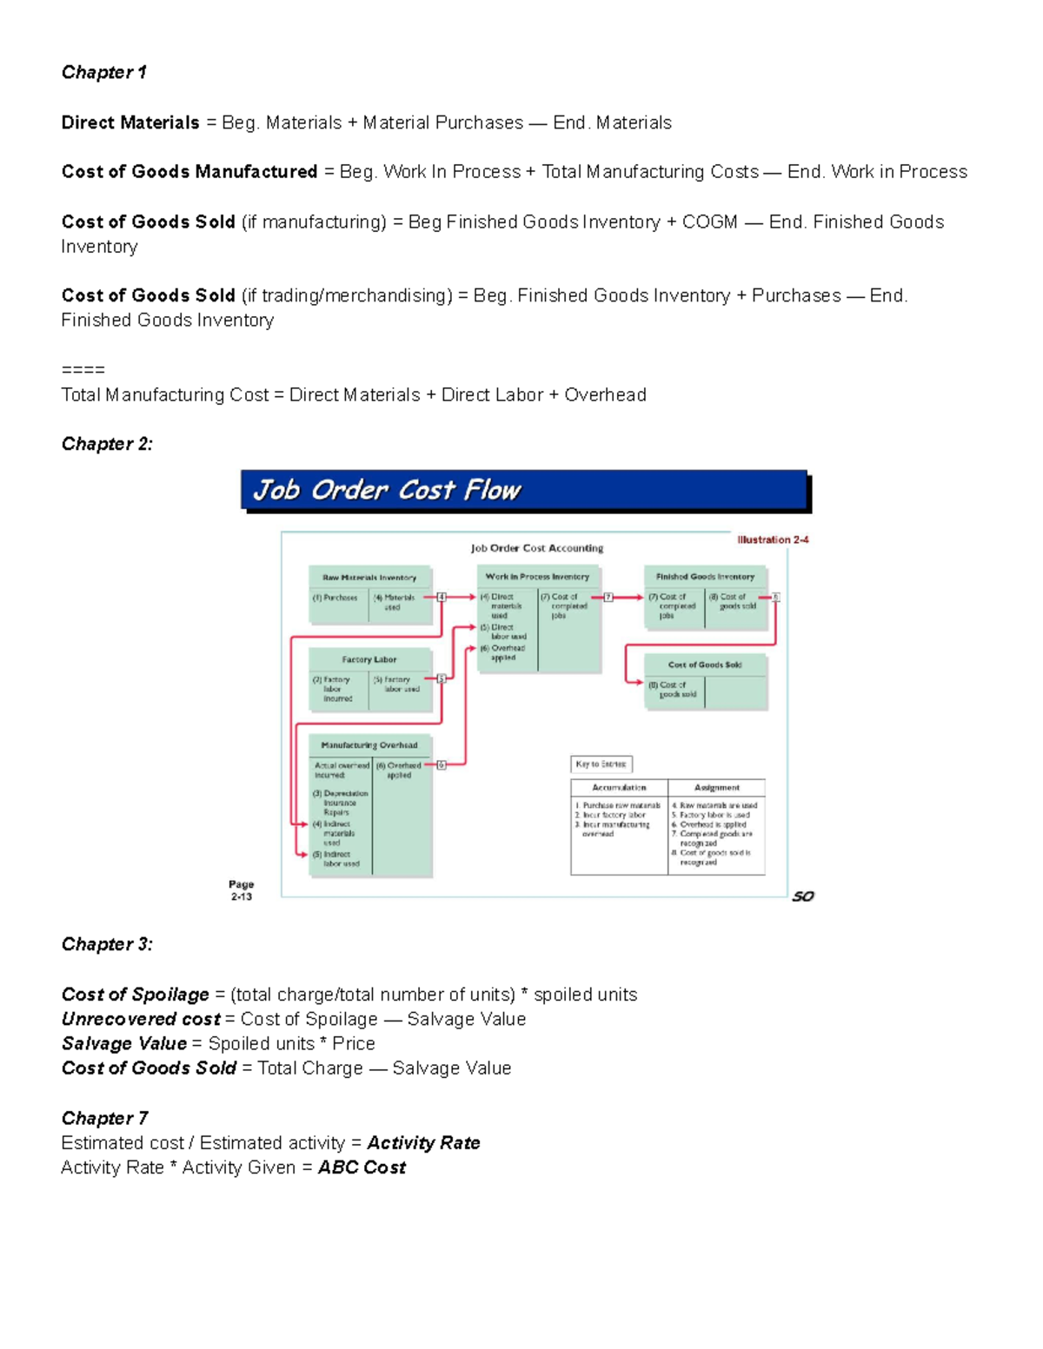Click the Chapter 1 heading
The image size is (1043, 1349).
(x=103, y=72)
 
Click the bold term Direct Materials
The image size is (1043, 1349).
(x=130, y=122)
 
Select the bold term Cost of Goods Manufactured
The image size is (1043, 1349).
(x=189, y=172)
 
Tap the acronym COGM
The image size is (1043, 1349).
(x=709, y=222)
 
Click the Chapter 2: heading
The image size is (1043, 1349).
(x=107, y=444)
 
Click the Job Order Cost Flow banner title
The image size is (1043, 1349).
(x=387, y=491)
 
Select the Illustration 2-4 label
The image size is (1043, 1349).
(x=773, y=539)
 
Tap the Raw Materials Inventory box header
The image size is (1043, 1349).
(x=369, y=577)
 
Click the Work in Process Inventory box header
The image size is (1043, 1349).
(x=537, y=576)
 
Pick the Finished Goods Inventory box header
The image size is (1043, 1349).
(x=705, y=576)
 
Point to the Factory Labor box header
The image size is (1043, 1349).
(x=369, y=659)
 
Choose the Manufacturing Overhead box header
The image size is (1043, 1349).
(x=369, y=744)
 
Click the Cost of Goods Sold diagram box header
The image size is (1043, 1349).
(x=705, y=665)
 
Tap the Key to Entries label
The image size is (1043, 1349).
(x=601, y=764)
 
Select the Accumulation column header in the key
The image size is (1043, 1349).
(x=619, y=788)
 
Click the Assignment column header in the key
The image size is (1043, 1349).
(x=717, y=788)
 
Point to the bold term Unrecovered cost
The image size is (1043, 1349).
(x=141, y=1019)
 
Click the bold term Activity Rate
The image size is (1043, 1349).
(x=423, y=1143)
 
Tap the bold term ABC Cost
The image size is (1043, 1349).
(x=362, y=1167)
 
